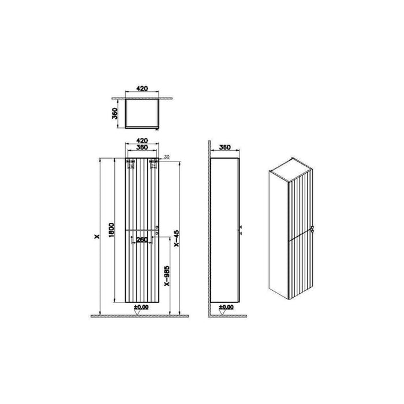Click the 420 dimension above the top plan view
[x=143, y=89]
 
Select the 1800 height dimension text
[x=114, y=230]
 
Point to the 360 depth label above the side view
[x=225, y=147]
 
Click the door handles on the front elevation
[x=158, y=229]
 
